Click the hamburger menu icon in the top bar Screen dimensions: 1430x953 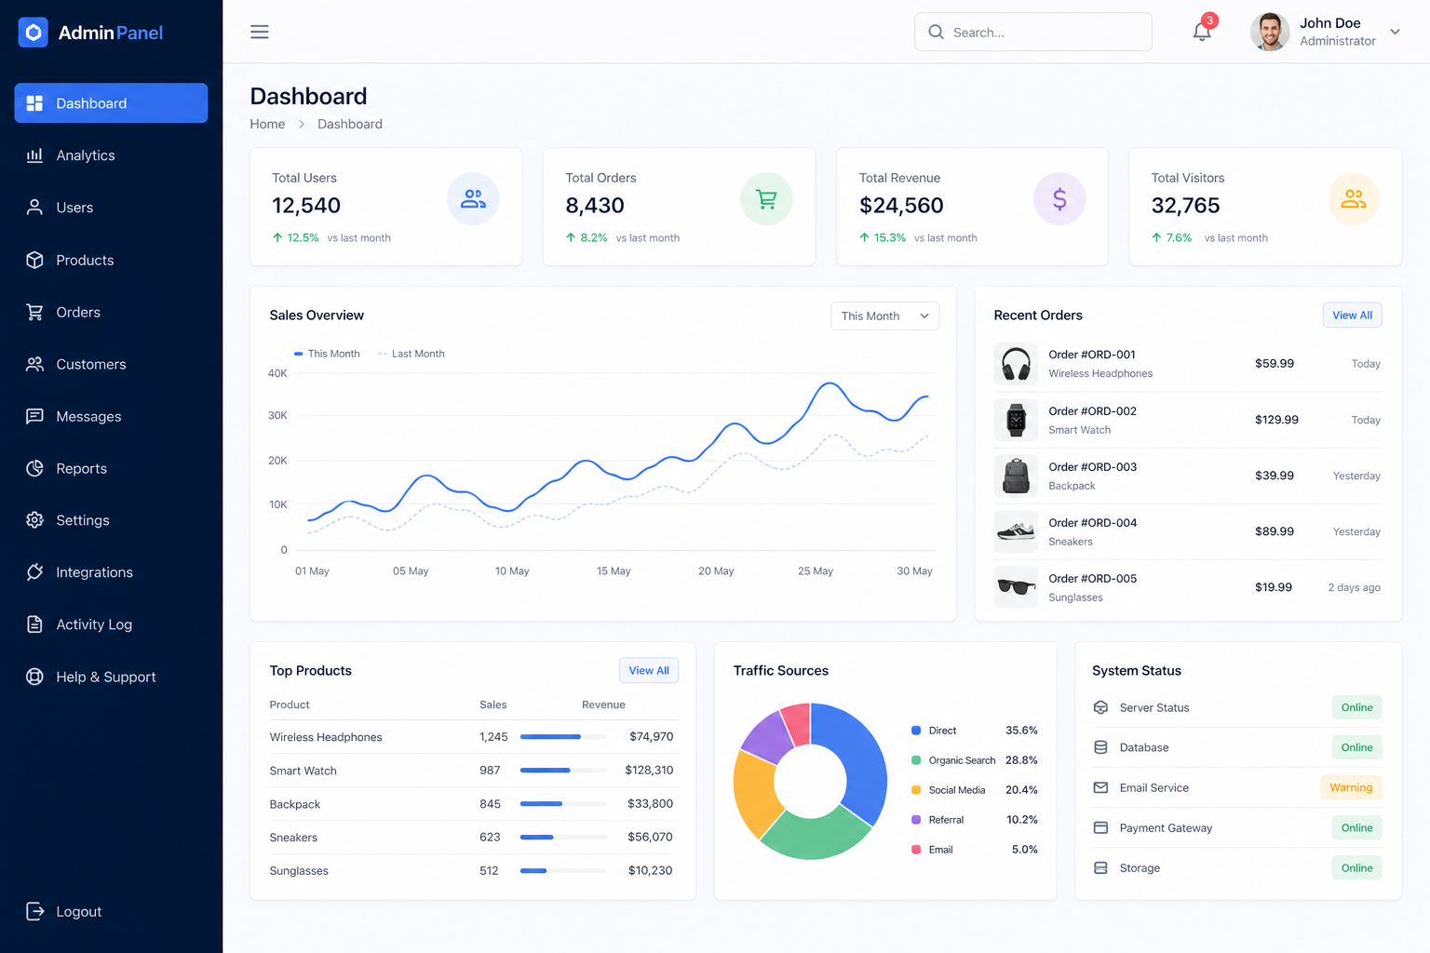click(259, 32)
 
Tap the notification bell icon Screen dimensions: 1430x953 click(1202, 32)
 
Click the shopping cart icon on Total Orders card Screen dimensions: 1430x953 click(766, 199)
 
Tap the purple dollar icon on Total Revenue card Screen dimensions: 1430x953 click(1059, 199)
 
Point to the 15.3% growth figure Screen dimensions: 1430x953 click(889, 237)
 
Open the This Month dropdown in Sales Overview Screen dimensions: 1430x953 click(884, 316)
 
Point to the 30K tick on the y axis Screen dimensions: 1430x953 click(277, 415)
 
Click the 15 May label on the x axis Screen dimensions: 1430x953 click(614, 570)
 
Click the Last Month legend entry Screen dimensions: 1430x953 click(411, 354)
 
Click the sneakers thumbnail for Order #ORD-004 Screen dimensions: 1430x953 click(1016, 531)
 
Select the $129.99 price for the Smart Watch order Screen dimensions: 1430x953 click(1276, 420)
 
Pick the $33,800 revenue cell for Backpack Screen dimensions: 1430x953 click(650, 804)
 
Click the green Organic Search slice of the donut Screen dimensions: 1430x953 click(816, 835)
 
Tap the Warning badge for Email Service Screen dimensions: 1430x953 click(1351, 787)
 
